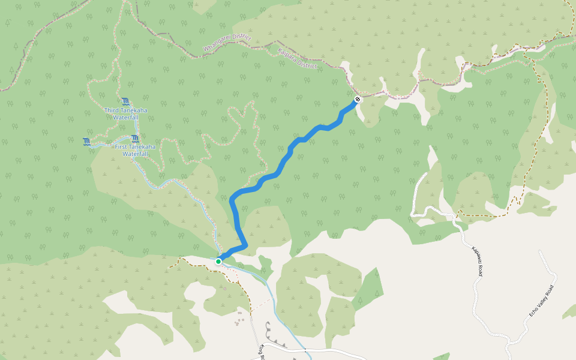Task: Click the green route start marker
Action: coord(218,262)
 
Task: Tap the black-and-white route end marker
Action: coord(358,99)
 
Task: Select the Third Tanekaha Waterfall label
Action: coord(125,114)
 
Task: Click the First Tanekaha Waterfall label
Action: coord(135,150)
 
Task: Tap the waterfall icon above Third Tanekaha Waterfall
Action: coord(125,101)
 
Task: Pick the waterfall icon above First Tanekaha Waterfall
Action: coord(135,139)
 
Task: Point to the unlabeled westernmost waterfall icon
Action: coord(87,142)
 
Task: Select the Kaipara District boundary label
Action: coord(298,58)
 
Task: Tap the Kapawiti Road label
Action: coord(476,261)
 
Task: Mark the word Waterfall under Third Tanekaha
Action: coord(126,118)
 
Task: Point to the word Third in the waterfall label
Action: coord(112,110)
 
